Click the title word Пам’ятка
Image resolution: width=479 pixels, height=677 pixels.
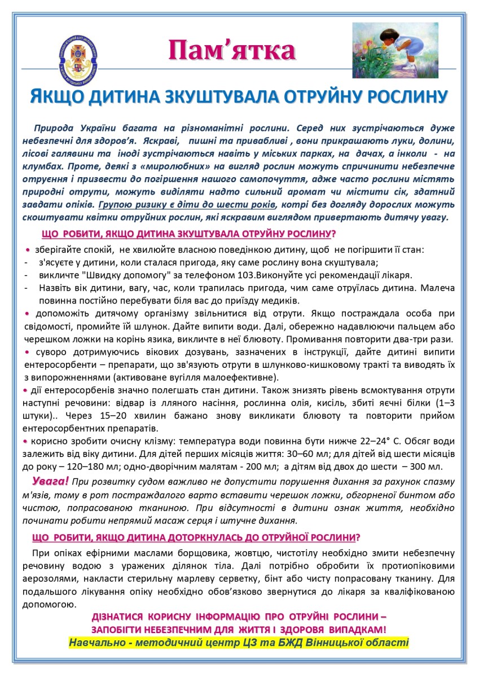232,51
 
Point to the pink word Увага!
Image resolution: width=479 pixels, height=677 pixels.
51,481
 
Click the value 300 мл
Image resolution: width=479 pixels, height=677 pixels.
428,467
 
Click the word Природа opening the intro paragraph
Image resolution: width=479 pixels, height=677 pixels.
52,128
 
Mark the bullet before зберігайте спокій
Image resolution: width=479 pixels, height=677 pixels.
28,249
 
